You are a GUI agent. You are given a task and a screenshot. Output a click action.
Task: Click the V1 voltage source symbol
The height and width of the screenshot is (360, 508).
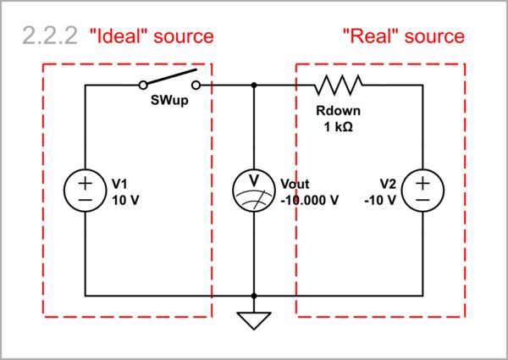(x=86, y=191)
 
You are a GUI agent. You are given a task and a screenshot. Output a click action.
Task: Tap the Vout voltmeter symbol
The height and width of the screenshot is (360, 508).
(x=254, y=191)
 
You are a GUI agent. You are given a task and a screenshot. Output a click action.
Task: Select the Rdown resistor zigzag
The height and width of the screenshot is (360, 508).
(x=339, y=85)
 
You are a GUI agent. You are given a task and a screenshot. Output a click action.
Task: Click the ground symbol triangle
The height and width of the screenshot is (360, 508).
(x=254, y=321)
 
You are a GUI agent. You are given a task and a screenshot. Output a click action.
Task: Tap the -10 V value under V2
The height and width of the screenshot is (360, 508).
(x=381, y=200)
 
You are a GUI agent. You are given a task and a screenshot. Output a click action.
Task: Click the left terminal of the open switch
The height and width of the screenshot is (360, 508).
(x=143, y=85)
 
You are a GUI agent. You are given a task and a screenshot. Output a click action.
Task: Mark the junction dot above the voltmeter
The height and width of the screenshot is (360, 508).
(x=254, y=85)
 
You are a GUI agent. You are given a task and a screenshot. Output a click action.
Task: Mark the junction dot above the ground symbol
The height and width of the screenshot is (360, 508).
(x=254, y=296)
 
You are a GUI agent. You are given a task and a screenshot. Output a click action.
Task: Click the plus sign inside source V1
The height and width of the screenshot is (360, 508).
(x=86, y=181)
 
